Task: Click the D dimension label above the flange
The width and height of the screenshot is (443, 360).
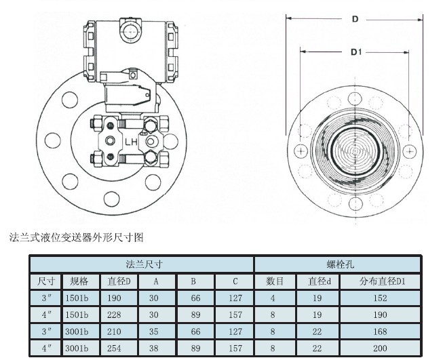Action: pyautogui.click(x=354, y=20)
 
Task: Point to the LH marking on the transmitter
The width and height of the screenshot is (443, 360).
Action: pyautogui.click(x=130, y=142)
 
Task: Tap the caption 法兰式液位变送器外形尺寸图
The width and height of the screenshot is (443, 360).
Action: pyautogui.click(x=76, y=237)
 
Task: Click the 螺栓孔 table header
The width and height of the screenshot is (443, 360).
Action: pyautogui.click(x=337, y=264)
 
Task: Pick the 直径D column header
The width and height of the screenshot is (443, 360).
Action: pyautogui.click(x=119, y=281)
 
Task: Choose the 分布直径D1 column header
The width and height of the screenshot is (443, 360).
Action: pyautogui.click(x=381, y=281)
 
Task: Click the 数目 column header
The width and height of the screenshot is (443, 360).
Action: pyautogui.click(x=274, y=281)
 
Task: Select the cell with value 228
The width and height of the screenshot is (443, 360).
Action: pyautogui.click(x=119, y=315)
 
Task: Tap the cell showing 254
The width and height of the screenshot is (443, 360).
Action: pyautogui.click(x=119, y=348)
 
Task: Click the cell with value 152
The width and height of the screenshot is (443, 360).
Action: pyautogui.click(x=381, y=298)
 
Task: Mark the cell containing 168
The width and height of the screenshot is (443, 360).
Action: pyautogui.click(x=381, y=332)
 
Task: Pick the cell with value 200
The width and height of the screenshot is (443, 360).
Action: pyautogui.click(x=381, y=348)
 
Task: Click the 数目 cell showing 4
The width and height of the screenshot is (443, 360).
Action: pyautogui.click(x=274, y=298)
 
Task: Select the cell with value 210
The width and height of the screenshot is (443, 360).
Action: pyautogui.click(x=119, y=332)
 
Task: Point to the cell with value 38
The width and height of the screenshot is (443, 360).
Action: pyautogui.click(x=157, y=348)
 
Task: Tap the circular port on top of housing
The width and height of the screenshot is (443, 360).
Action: pyautogui.click(x=130, y=28)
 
